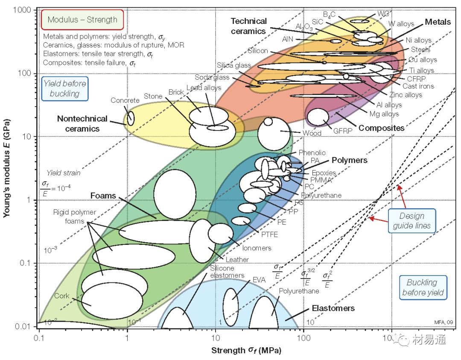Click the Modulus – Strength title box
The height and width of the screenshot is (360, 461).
(82, 20)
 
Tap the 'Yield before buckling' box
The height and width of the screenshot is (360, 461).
(64, 89)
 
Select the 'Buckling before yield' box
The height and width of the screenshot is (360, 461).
(423, 287)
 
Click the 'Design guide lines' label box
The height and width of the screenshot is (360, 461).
(412, 221)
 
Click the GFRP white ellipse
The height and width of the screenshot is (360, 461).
(318, 117)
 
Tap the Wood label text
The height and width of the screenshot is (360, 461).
(312, 133)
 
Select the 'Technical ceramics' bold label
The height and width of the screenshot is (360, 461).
(249, 26)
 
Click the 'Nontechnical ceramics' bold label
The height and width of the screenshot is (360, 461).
(82, 124)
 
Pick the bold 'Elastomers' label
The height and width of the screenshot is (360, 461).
(333, 308)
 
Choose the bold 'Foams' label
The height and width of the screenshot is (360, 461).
(103, 196)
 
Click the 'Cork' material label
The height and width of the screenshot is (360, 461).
(61, 296)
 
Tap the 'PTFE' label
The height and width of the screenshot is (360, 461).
(269, 234)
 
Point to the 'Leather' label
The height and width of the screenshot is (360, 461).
(237, 259)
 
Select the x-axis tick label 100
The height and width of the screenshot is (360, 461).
(303, 336)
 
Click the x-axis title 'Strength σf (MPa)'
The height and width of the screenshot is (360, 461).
(246, 351)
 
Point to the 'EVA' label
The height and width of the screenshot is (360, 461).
(259, 280)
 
